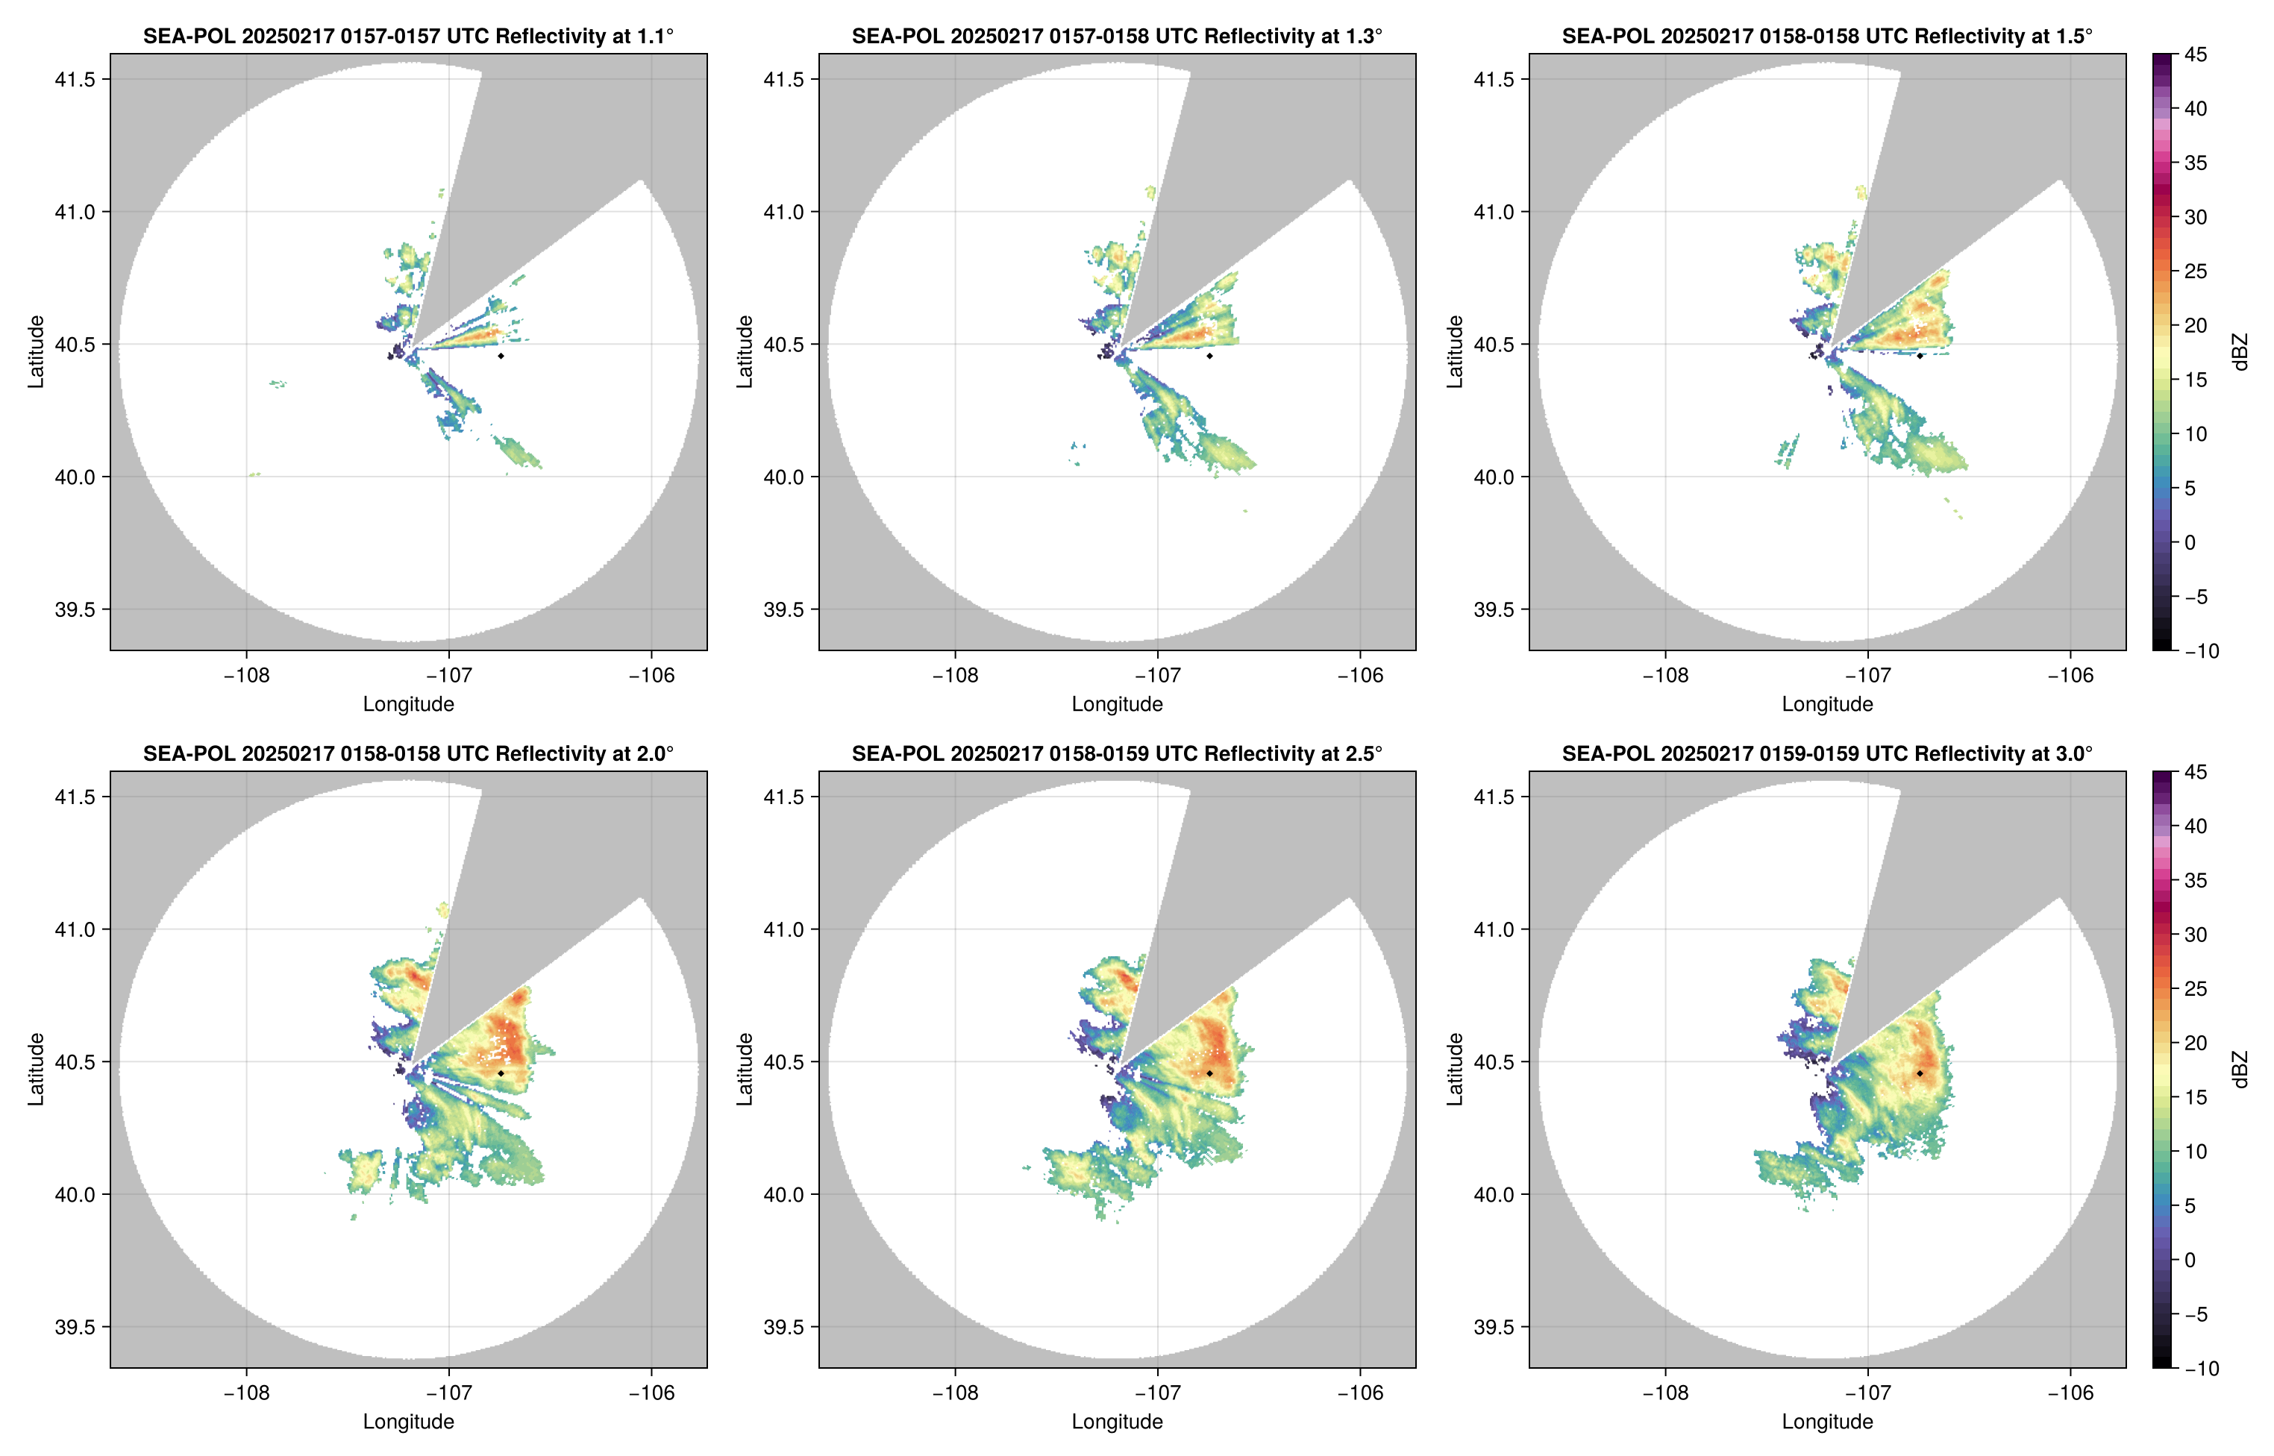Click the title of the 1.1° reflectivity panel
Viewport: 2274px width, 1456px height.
click(408, 36)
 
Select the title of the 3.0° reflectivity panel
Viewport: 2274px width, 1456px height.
click(1827, 753)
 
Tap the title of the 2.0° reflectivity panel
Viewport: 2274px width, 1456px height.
click(408, 753)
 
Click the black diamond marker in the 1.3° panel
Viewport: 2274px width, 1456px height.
click(1209, 356)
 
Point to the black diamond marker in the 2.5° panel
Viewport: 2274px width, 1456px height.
click(1209, 1073)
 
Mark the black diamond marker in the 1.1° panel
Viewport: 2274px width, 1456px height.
click(500, 356)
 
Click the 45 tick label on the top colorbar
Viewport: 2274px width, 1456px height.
click(2196, 55)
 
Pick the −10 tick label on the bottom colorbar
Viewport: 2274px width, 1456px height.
click(2200, 1368)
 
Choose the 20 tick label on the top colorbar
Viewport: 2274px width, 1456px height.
click(2196, 325)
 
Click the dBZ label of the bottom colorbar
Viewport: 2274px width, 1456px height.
click(2239, 1070)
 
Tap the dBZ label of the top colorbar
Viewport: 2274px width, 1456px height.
click(2239, 352)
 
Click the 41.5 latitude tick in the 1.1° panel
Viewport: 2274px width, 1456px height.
click(75, 79)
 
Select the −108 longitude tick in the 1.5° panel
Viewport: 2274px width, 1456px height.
click(1665, 675)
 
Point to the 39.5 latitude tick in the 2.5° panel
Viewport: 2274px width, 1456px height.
click(785, 1326)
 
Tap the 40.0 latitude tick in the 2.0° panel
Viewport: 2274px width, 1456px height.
click(75, 1194)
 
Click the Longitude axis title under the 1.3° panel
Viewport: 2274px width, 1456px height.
click(1117, 703)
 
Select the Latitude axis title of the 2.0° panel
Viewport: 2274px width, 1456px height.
click(36, 1070)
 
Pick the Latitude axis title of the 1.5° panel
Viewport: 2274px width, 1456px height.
click(1455, 352)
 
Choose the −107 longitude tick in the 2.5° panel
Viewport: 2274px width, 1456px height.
click(1156, 1393)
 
